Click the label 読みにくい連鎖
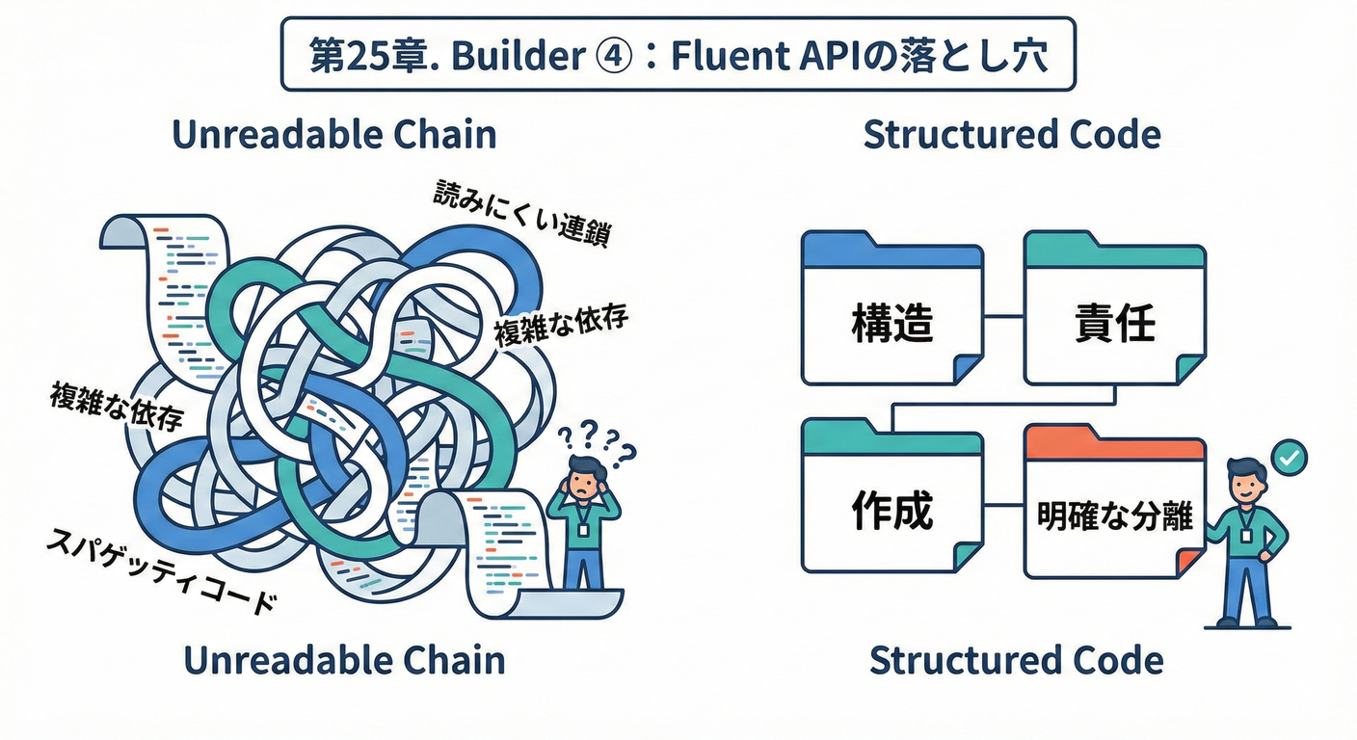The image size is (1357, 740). tap(521, 214)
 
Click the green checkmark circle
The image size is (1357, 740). tap(1289, 454)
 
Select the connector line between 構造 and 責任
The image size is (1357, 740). tap(1003, 315)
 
